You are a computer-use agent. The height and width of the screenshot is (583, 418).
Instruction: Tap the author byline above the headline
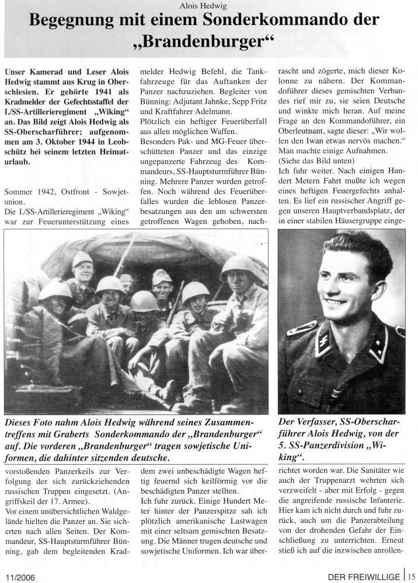210,6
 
